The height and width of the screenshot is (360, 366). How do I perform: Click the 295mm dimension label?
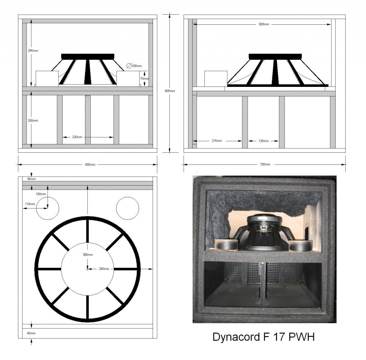(x=33, y=51)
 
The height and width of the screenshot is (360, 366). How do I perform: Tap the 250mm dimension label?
(x=33, y=121)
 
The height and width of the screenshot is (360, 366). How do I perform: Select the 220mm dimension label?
(x=77, y=137)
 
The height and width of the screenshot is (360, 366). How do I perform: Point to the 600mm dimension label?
(x=264, y=24)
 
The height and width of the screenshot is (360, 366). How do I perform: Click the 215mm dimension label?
(x=217, y=141)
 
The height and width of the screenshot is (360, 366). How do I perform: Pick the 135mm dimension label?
(x=263, y=141)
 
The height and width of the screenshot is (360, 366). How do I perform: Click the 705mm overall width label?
(x=265, y=164)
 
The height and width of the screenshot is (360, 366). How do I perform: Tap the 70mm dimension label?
(x=144, y=79)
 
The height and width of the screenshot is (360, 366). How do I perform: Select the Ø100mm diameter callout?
(x=134, y=66)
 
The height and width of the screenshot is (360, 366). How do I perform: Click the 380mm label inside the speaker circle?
(x=88, y=255)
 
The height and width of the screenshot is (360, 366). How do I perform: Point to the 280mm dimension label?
(x=104, y=269)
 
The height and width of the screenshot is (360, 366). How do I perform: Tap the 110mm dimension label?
(x=30, y=204)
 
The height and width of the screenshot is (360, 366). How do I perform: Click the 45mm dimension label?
(x=31, y=333)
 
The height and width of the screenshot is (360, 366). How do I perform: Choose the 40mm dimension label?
(x=31, y=179)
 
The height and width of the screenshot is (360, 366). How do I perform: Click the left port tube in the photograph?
(x=226, y=245)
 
